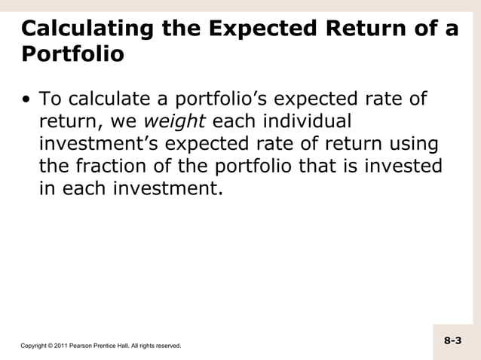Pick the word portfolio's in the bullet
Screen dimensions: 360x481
coord(216,99)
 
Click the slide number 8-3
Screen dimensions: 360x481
coord(452,341)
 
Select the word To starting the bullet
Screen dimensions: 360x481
coord(51,99)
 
